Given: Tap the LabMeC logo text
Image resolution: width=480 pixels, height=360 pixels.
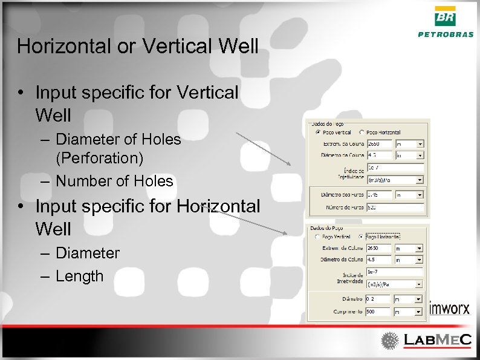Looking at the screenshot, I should (x=437, y=340).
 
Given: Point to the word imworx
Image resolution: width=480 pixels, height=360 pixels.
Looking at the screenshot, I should (x=449, y=309).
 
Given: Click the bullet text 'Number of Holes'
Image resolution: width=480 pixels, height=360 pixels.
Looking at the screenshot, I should (x=114, y=181).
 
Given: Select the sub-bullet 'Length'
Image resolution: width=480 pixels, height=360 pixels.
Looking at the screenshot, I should (x=79, y=277).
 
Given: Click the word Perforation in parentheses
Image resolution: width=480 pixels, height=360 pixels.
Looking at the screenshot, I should (x=99, y=159).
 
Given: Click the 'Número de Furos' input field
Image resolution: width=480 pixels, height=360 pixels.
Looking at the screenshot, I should (x=395, y=207).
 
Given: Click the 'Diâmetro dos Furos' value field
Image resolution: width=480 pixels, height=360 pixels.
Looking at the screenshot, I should (x=379, y=195).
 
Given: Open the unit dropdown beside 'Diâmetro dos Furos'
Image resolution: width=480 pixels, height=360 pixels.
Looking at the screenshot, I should (x=409, y=195).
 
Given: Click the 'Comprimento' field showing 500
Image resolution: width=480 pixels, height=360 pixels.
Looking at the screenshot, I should (x=379, y=311).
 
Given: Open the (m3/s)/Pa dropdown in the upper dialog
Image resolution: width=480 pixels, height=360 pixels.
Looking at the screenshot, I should (x=395, y=180).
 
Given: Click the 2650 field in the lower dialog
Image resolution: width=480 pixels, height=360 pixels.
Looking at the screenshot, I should (x=379, y=248).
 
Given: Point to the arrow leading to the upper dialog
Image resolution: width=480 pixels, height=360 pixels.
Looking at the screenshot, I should (x=263, y=149).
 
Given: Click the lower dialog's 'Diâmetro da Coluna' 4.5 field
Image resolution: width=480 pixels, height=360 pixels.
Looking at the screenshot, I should (x=379, y=260).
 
